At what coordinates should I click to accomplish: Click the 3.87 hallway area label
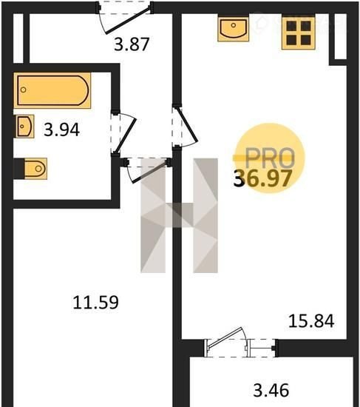coord(132,44)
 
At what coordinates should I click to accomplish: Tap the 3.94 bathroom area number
coord(61,129)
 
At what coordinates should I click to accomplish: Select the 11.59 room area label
coord(95,302)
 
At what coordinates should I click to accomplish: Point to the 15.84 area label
coord(311,321)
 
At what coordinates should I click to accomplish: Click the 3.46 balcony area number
coord(271,390)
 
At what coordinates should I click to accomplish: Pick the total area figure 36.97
coord(262,178)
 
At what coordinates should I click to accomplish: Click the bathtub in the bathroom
coord(52,90)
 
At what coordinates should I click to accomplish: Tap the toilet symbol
coord(35,169)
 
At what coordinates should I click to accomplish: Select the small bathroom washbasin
coord(25,127)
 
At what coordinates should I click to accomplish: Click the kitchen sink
coord(234,28)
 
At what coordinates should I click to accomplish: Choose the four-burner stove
coord(299,33)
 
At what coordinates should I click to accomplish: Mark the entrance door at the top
coord(124,18)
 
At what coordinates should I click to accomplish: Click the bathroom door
coord(124,132)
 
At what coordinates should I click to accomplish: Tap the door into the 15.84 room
coord(185,127)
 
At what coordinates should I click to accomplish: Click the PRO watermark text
coord(270,158)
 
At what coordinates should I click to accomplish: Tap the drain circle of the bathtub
coord(24,90)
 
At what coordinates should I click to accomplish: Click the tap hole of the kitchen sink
coord(234,25)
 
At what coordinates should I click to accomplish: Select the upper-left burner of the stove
coord(291,26)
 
